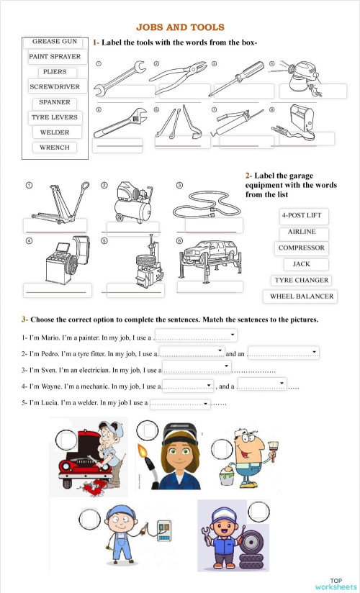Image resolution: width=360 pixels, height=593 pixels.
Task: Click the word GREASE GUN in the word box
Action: (x=55, y=42)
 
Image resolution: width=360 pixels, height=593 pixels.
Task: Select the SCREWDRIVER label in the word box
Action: (x=55, y=86)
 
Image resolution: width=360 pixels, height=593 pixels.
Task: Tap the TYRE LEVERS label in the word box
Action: (x=55, y=117)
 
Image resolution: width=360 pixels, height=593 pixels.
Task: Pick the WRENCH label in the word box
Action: (x=55, y=148)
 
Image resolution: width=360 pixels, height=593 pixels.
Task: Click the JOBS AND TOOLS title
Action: (x=180, y=27)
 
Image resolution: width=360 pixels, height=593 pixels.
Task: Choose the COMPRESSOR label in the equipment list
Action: (x=302, y=248)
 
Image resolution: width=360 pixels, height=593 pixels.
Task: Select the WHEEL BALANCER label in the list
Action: (x=302, y=296)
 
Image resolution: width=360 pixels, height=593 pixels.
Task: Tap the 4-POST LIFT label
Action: (x=302, y=217)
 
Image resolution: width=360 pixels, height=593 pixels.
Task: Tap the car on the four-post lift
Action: (x=209, y=255)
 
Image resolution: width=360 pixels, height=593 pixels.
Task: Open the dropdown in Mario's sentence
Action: (x=232, y=335)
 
